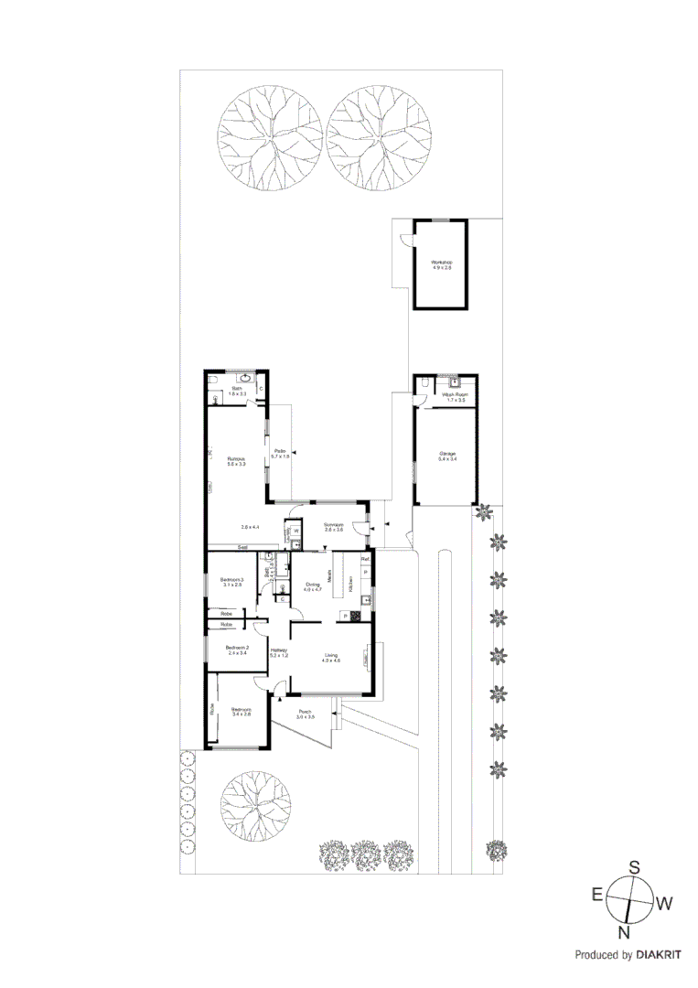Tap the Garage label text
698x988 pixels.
coord(447,454)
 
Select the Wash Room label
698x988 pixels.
coord(455,395)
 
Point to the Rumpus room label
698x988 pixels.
coord(236,460)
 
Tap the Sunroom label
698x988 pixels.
coord(333,525)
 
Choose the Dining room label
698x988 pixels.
coord(313,585)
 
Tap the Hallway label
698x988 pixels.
coord(279,651)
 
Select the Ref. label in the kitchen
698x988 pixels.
coord(364,558)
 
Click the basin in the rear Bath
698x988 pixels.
coord(245,378)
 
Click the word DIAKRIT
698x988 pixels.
coord(663,954)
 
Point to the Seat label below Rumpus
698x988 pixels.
coord(243,547)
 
